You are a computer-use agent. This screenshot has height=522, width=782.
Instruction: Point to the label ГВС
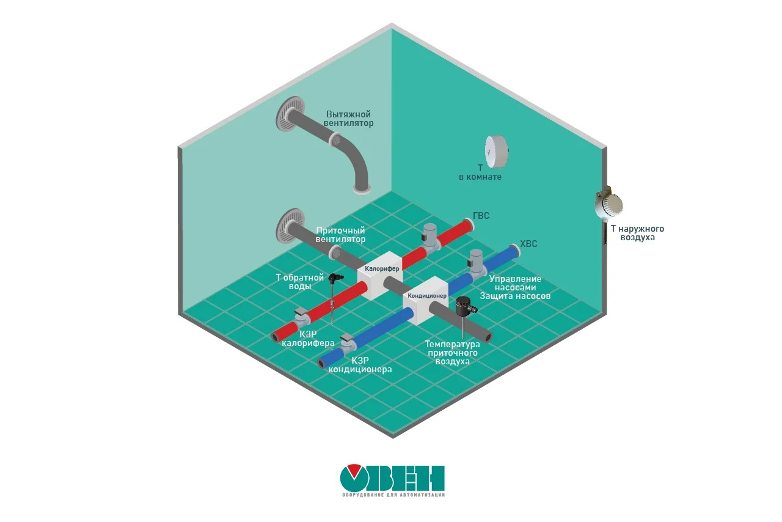(481, 216)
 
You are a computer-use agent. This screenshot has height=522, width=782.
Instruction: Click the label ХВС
(528, 244)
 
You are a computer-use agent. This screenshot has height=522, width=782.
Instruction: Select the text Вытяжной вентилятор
(348, 119)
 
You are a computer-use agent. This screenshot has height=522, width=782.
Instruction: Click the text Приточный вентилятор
(340, 235)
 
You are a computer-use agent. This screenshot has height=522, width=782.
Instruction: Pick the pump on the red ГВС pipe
(431, 236)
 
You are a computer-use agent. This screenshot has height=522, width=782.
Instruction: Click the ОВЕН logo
(392, 480)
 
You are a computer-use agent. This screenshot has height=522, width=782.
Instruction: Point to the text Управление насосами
(515, 284)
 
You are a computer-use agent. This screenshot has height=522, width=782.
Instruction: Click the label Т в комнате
(480, 172)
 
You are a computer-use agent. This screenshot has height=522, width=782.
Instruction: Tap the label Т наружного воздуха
(637, 233)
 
